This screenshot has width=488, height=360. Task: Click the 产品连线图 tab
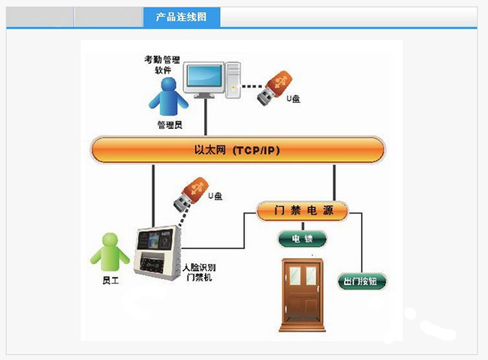(181, 16)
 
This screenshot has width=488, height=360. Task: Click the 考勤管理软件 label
(163, 64)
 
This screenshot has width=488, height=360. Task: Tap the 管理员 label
(170, 124)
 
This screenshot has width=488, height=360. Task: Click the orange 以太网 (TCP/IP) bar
(237, 150)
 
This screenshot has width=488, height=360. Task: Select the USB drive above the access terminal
(190, 193)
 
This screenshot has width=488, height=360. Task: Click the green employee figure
(110, 252)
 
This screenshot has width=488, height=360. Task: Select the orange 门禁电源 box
(302, 212)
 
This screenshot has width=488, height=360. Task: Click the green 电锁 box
(302, 239)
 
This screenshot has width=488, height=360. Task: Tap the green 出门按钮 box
(363, 282)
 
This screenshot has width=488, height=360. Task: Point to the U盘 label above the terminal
(215, 196)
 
